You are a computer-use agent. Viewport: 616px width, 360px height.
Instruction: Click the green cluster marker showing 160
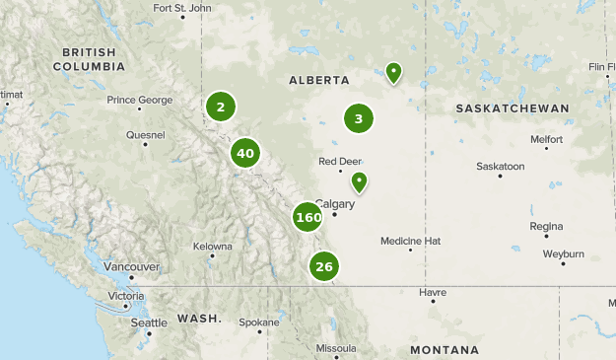308,217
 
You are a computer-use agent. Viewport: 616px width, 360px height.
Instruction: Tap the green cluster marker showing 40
245,153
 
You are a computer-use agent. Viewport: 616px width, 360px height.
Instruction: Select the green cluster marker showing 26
323,265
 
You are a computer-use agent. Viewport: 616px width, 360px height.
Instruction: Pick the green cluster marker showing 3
359,119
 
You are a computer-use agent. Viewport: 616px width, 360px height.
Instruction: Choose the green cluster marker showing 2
221,107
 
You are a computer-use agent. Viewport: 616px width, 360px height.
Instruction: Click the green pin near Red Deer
360,181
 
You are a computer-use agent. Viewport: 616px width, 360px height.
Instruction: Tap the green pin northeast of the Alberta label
393,71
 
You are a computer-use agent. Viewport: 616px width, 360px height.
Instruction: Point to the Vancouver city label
131,266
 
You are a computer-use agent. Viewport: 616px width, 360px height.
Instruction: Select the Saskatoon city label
500,167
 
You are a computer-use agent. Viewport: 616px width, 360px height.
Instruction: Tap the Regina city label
545,226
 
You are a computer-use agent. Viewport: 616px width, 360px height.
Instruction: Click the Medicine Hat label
410,241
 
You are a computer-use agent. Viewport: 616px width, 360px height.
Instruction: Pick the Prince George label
141,100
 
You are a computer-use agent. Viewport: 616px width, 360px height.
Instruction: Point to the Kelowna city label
212,247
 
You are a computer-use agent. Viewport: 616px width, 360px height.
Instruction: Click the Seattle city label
149,323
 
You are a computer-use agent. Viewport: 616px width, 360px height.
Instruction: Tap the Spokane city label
259,322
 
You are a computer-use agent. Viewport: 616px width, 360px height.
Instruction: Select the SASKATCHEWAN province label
513,108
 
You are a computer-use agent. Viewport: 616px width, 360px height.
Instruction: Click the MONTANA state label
445,350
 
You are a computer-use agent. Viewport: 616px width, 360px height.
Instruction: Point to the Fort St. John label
182,8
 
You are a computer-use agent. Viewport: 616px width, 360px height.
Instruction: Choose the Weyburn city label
563,253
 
